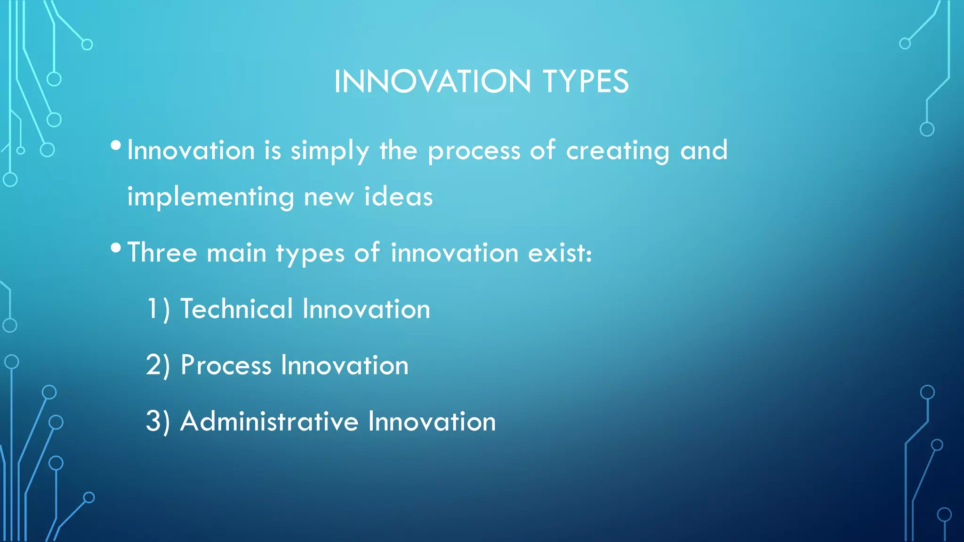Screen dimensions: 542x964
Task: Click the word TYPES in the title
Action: (x=586, y=82)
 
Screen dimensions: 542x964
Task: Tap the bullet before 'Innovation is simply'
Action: (x=116, y=145)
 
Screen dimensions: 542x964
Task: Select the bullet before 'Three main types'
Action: (x=116, y=248)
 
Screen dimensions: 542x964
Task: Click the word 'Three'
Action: (x=162, y=253)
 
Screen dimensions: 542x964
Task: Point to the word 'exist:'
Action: (x=560, y=253)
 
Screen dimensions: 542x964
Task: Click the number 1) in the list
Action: (x=158, y=310)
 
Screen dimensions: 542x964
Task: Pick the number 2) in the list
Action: (x=158, y=366)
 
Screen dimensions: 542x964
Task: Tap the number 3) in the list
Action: (x=158, y=422)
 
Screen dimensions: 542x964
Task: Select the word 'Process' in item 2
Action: (x=226, y=366)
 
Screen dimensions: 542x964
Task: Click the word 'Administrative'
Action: (x=269, y=421)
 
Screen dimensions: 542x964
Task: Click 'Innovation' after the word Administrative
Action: (x=432, y=421)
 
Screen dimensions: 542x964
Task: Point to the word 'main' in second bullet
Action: (x=236, y=253)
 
